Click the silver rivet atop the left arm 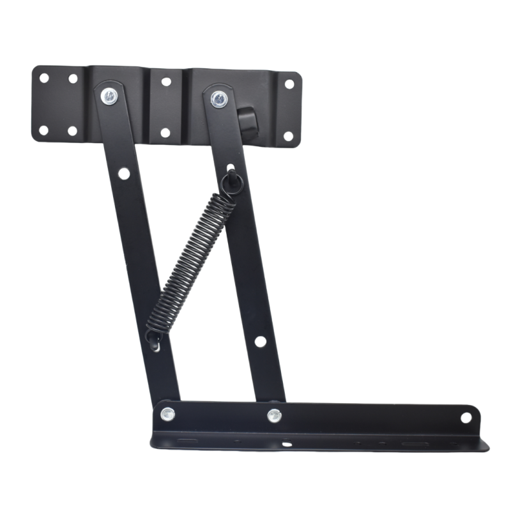tap(110, 96)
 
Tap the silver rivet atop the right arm tap(218, 98)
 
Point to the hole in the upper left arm tap(124, 173)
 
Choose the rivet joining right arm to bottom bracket tap(274, 415)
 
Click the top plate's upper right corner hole tap(289, 84)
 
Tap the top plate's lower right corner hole tap(288, 136)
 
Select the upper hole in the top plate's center tap(165, 82)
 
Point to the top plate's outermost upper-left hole tap(44, 79)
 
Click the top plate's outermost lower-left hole tap(43, 130)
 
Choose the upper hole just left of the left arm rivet tap(73, 79)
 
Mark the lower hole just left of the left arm tap(72, 131)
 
